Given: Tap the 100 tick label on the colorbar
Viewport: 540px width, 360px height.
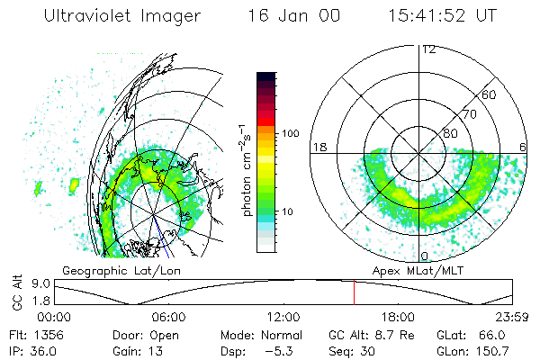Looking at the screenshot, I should pos(290,133).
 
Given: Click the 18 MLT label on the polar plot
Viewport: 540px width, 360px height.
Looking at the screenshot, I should pos(318,147).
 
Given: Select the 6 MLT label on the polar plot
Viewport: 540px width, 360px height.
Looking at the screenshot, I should pos(523,147).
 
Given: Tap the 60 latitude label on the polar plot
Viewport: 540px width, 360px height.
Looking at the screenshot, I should pos(490,94).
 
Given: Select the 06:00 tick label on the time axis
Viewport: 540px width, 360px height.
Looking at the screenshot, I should pos(168,317).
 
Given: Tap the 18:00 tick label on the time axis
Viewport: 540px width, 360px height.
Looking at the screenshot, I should pos(397,317).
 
